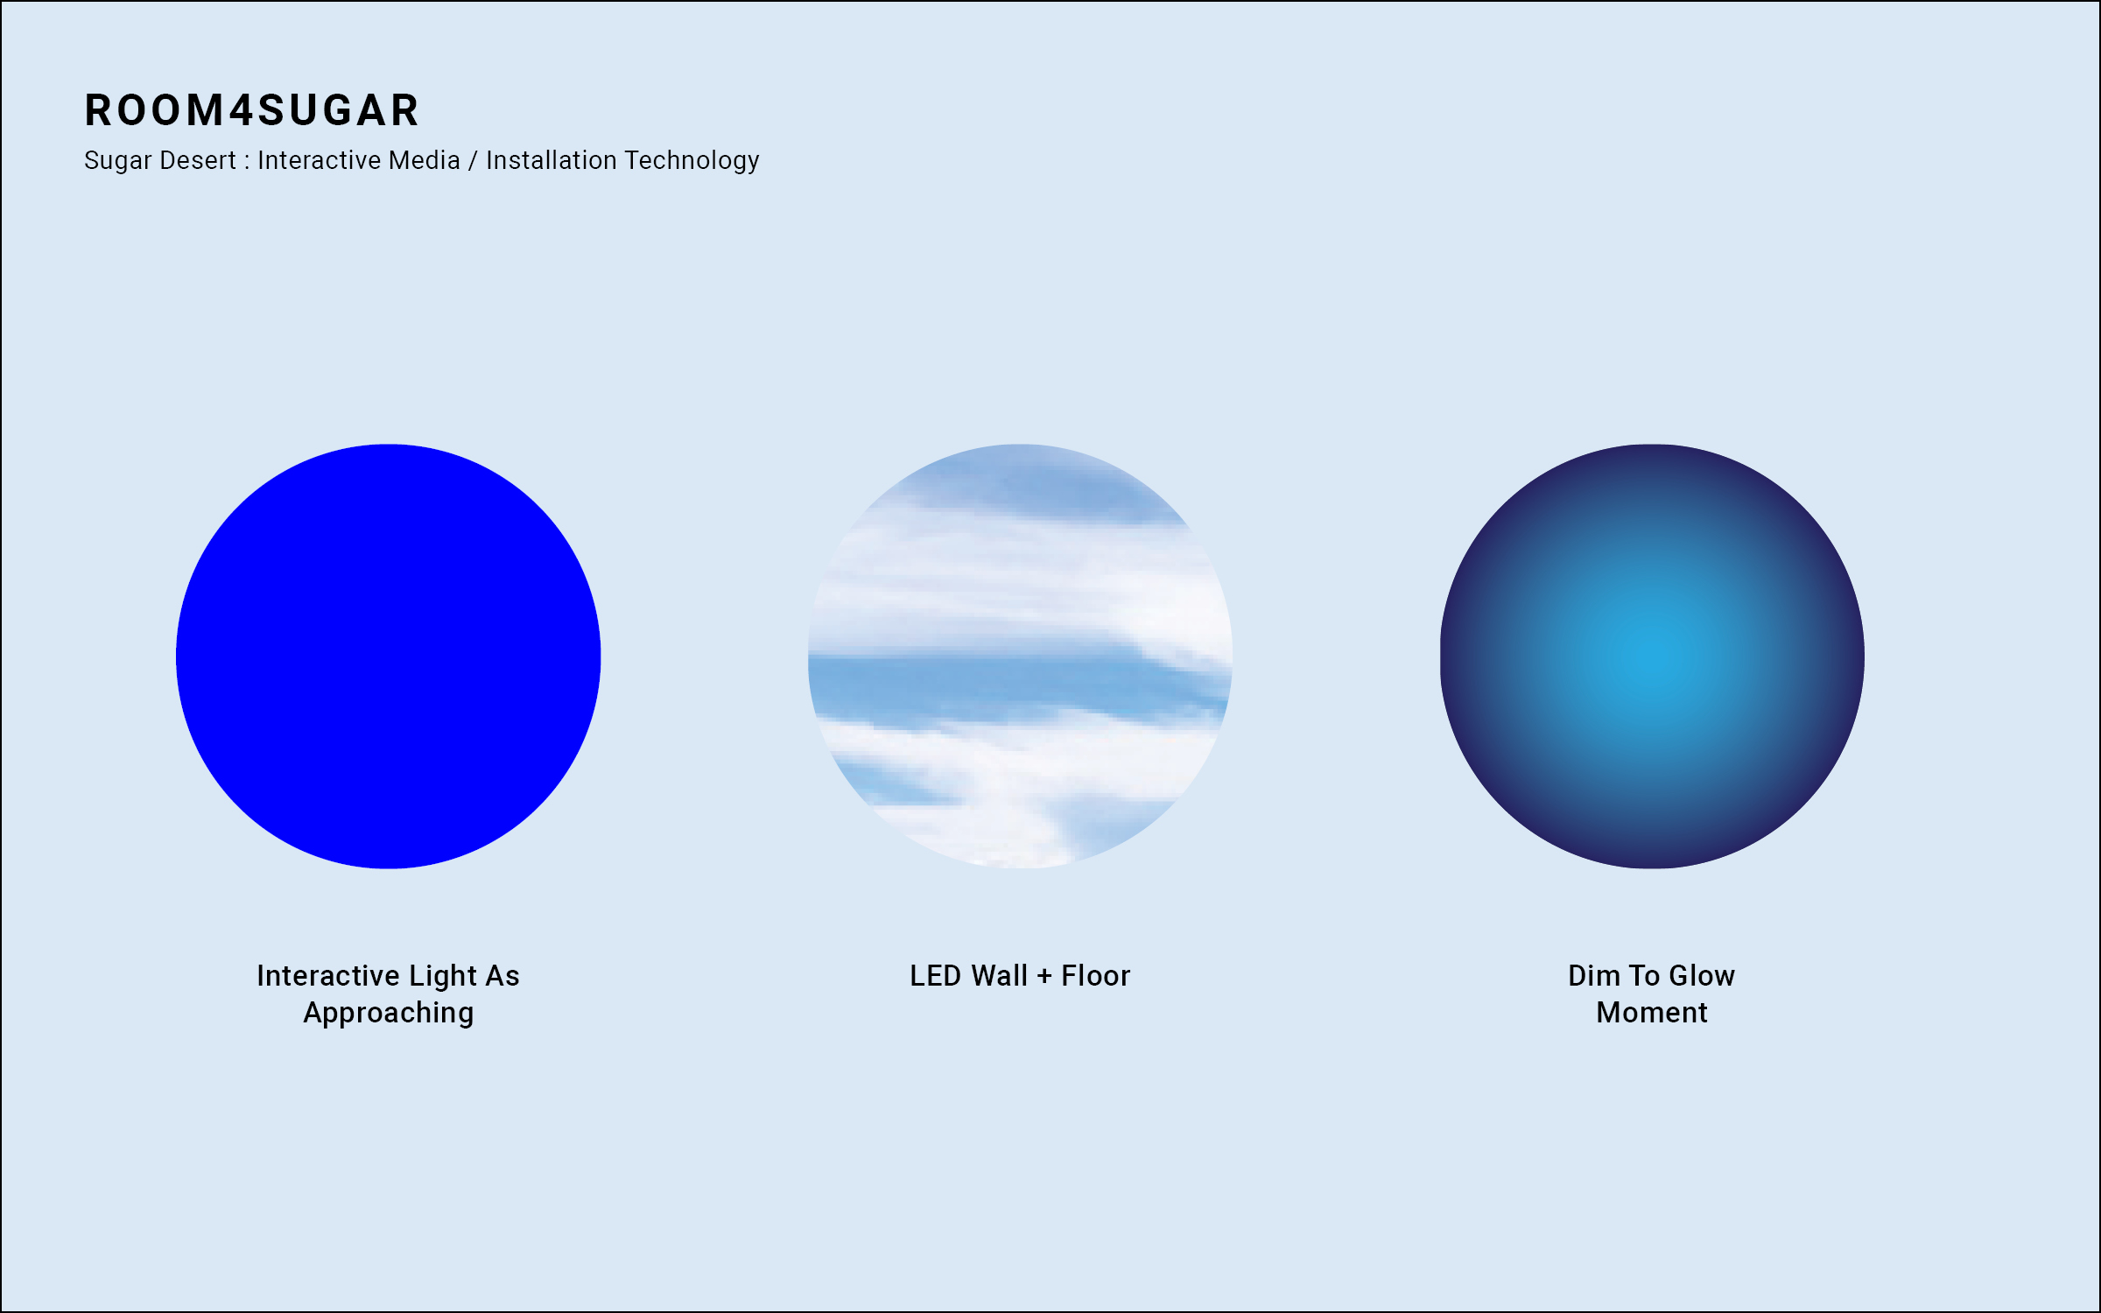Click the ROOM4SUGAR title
pos(252,110)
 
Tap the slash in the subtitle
pos(474,161)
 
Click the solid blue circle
pos(388,656)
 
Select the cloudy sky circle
pos(1020,656)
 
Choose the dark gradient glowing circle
pos(1652,656)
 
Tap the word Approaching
pos(389,1015)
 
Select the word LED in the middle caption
pos(936,976)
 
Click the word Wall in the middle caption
pos(1000,976)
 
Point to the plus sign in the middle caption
pos(1044,977)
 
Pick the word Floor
pos(1096,976)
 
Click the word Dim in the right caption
pos(1594,976)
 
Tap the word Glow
pos(1702,976)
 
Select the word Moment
pos(1652,1013)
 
